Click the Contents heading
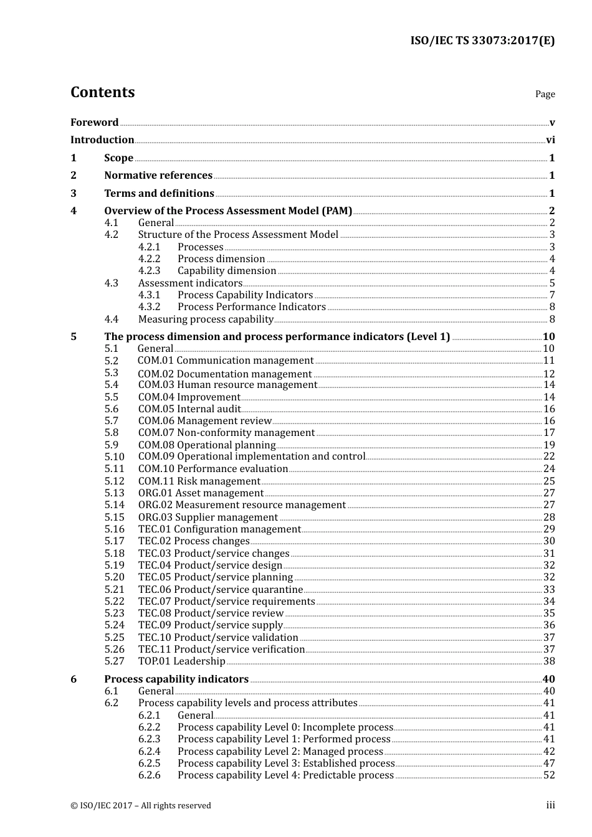102,92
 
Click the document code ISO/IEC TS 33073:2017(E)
482,41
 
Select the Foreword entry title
94,122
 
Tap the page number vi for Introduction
550,140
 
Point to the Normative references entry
158,176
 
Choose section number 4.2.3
149,271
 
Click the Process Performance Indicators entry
251,307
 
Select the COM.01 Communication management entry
226,361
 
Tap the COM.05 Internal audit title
189,409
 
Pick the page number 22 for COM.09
549,456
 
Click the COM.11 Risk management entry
199,481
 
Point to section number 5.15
114,518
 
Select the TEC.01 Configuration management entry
219,529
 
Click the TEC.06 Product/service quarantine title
221,590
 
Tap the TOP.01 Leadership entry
181,661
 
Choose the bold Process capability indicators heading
176,679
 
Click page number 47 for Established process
549,764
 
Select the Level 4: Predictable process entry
285,775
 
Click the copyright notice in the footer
141,806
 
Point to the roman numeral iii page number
550,805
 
